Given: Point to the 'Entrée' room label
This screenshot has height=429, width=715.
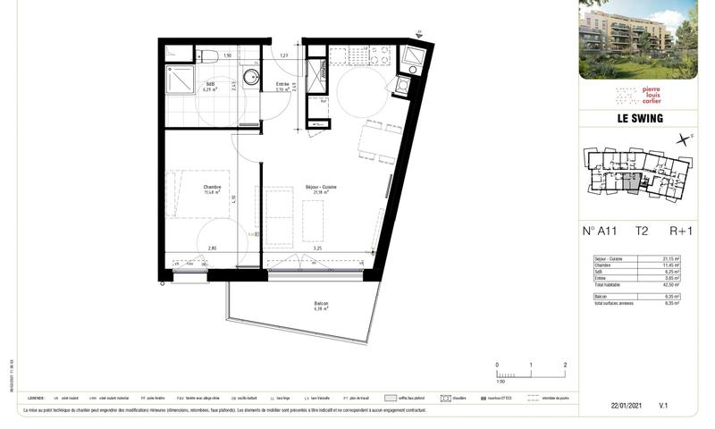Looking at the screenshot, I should pos(282,86).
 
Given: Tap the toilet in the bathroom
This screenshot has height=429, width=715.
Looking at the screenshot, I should pos(209,56).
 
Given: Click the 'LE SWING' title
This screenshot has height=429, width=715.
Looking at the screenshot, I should pos(638,119).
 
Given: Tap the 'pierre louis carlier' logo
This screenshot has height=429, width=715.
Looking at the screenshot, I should pos(638,97).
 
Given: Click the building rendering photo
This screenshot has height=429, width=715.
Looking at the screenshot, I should pos(638,39).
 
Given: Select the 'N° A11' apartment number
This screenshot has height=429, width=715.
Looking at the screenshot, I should pos(600,231).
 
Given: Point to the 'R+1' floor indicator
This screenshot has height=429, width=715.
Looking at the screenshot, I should pos(681,231).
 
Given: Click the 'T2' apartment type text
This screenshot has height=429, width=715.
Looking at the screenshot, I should pos(642,231).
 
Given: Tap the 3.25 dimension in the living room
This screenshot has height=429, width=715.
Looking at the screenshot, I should pos(330,248).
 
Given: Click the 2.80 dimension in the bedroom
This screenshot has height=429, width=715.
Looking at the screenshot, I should pos(212,248).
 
